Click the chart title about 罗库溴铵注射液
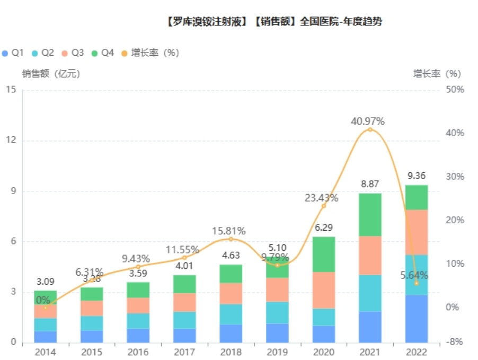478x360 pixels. coord(273,22)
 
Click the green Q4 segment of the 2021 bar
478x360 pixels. coord(370,215)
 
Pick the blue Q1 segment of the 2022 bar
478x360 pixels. coord(416,319)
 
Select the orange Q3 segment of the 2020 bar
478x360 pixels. coord(323,290)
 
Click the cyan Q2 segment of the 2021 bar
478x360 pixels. coord(370,293)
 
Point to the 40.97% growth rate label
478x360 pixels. coord(368,121)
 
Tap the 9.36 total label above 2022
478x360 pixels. coord(417,176)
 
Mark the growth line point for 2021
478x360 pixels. coord(370,129)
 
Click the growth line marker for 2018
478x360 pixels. coord(231,239)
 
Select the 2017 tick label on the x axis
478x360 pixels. coord(184,352)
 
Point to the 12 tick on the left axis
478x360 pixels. coord(11,141)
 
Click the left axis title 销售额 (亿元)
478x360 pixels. coord(51,74)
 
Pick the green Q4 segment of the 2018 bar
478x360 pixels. coord(231,274)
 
